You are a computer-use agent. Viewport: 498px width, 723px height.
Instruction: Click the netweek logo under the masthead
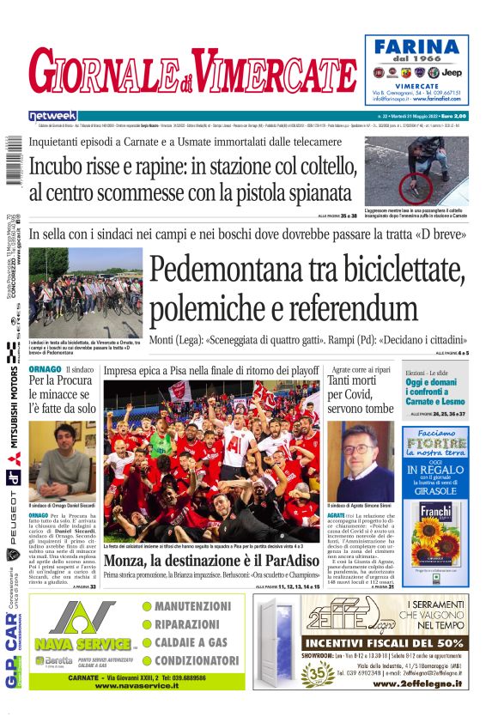(x=52, y=115)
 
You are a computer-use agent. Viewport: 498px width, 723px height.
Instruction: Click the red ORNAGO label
(x=45, y=369)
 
